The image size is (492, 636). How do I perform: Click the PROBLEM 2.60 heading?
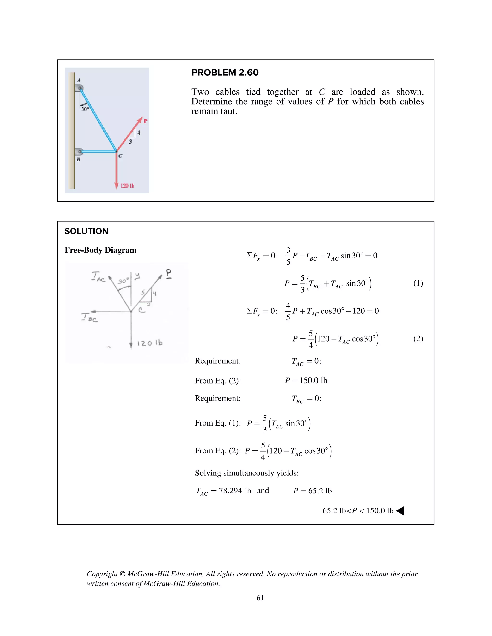[x=225, y=72]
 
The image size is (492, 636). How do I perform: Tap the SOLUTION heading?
[x=86, y=231]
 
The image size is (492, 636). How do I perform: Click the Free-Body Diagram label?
[x=100, y=250]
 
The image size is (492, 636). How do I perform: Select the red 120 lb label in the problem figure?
[x=127, y=186]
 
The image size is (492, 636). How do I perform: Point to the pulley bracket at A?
[x=79, y=88]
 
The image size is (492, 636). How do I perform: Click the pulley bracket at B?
[x=79, y=151]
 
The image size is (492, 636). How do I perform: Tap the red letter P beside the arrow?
[x=145, y=121]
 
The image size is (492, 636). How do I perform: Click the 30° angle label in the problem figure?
[x=85, y=109]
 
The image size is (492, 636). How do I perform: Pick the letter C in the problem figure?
[x=120, y=156]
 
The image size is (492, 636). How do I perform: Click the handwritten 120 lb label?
[x=149, y=343]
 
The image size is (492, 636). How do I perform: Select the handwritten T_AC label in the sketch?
[x=98, y=277]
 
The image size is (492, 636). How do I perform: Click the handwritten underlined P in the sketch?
[x=169, y=274]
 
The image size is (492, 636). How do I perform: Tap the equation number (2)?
[x=418, y=338]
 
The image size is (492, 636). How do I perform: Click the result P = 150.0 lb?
[x=306, y=381]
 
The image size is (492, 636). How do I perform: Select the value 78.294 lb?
[x=235, y=491]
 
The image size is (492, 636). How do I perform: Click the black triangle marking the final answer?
[x=400, y=511]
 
